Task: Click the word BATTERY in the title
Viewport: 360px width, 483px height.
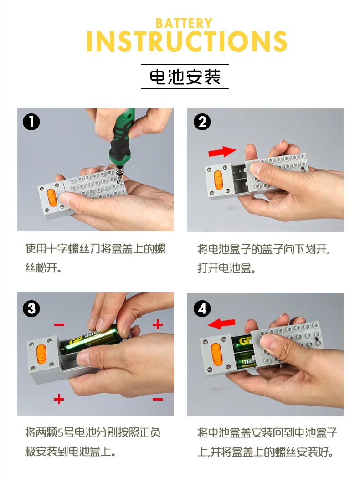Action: coord(184,23)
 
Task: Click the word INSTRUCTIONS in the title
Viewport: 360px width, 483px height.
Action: coord(187,41)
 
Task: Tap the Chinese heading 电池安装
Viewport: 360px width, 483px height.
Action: coord(185,77)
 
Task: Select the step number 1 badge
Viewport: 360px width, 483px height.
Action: coord(31,122)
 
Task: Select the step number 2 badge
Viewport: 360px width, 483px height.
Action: coord(202,122)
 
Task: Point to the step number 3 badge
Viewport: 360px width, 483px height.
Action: coord(31,308)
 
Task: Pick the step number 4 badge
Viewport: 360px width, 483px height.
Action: coord(202,308)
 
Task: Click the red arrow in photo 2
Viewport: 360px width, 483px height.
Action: coord(222,152)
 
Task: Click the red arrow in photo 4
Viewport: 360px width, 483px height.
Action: coord(221,324)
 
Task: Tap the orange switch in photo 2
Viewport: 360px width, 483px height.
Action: coord(218,180)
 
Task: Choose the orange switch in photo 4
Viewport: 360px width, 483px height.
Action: coord(216,352)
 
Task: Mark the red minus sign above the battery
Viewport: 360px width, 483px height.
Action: coord(59,325)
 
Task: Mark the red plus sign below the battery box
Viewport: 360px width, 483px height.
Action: coord(58,399)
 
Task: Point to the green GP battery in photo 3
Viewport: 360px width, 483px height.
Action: coord(93,340)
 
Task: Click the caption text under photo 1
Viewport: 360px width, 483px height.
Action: coord(95,258)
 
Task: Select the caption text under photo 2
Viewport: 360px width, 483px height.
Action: coord(263,258)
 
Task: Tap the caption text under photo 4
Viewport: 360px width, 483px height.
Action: coord(267,442)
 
